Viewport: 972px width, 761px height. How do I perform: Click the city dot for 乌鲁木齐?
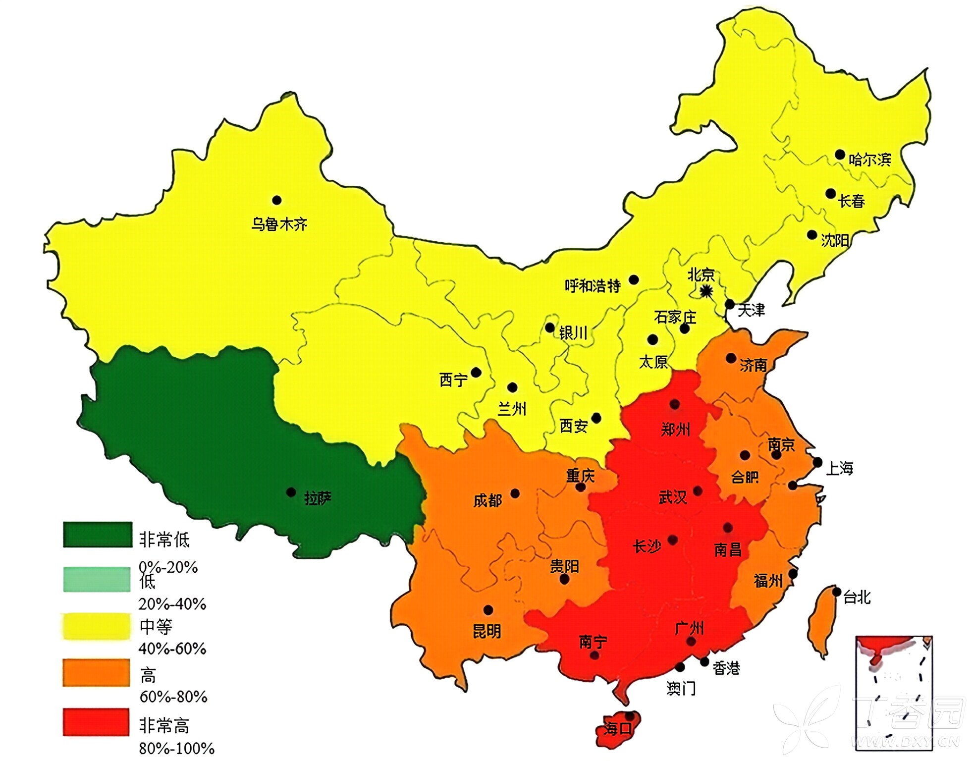(277, 200)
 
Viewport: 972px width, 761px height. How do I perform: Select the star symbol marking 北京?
(706, 292)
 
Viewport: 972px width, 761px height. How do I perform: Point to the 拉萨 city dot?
(291, 492)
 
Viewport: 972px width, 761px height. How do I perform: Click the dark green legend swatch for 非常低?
(98, 535)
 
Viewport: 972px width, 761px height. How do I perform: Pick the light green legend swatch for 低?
(97, 579)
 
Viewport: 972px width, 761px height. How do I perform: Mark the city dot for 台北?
(837, 592)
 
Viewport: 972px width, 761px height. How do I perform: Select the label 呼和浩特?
(593, 286)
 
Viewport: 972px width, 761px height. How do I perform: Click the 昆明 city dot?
(488, 610)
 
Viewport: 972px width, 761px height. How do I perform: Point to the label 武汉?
(672, 497)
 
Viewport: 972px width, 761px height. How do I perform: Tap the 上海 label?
(839, 468)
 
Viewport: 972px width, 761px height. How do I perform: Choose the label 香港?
(726, 668)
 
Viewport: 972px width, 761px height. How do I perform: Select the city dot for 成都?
(515, 493)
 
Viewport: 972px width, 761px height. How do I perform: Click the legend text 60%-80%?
(173, 697)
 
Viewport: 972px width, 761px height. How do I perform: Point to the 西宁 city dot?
(476, 372)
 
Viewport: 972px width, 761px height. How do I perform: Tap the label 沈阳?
(835, 240)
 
